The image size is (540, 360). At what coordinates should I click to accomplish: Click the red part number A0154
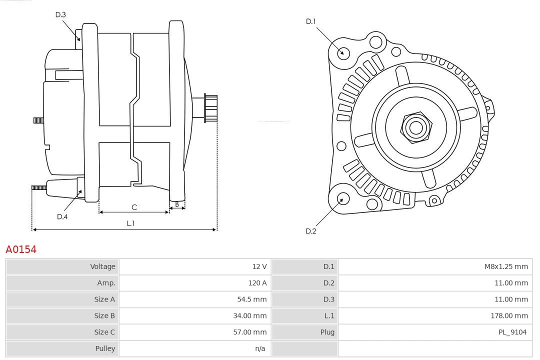[x=21, y=249]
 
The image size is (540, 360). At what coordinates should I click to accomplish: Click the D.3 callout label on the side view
[x=60, y=14]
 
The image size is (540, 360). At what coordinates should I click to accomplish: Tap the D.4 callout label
[x=62, y=216]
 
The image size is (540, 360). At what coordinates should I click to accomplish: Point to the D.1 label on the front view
[x=311, y=21]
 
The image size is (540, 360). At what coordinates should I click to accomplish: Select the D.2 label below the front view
[x=311, y=231]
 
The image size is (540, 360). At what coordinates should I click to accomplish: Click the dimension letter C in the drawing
[x=134, y=207]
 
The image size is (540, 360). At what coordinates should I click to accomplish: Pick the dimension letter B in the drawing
[x=176, y=204]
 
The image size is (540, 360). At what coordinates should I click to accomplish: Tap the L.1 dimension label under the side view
[x=130, y=223]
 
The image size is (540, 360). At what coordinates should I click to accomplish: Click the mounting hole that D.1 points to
[x=343, y=52]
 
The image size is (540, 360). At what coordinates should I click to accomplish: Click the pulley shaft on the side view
[x=210, y=108]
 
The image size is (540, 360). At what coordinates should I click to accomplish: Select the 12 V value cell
[x=259, y=266]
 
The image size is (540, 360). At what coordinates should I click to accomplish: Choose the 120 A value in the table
[x=257, y=283]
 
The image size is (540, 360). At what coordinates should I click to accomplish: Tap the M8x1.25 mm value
[x=505, y=266]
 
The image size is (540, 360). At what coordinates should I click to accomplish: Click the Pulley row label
[x=105, y=348]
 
